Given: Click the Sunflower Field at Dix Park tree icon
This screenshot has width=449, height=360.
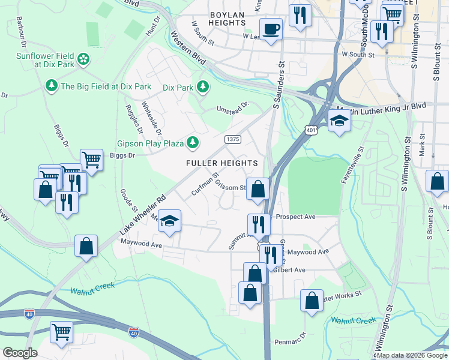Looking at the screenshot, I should tap(83, 59).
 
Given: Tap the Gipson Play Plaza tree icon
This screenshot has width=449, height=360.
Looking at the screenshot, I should tap(193, 143).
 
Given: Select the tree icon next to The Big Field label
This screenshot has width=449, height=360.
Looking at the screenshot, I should tap(52, 86).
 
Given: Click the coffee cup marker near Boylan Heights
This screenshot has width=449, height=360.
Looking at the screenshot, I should tap(271, 29).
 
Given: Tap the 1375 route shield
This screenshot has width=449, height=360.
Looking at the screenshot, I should tap(233, 139).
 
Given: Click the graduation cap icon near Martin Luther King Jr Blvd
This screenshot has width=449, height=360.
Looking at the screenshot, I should tap(339, 121).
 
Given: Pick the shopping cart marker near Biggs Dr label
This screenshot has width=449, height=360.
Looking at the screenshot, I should tap(91, 160).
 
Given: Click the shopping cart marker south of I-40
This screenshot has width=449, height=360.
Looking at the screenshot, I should tap(61, 332).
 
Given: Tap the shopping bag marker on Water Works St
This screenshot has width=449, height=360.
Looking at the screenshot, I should tap(312, 301).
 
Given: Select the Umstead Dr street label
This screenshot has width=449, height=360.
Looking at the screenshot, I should tap(232, 108).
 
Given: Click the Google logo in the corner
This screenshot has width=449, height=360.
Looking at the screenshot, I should tap(20, 353).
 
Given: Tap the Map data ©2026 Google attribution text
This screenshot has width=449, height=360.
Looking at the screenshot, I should tap(411, 355).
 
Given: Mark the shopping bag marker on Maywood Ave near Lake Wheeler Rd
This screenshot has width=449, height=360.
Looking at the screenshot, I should tap(86, 245).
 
